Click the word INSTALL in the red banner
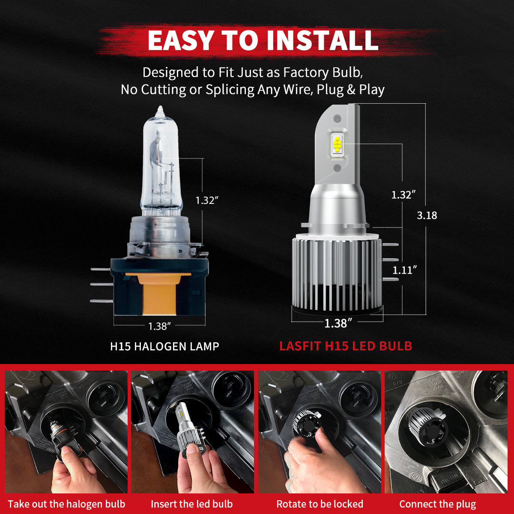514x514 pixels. (x=322, y=40)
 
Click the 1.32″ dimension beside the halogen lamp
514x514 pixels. (x=207, y=200)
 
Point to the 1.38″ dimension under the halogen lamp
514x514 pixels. (x=159, y=326)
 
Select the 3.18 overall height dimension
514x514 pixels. (x=427, y=215)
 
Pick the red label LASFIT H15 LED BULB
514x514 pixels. (x=345, y=346)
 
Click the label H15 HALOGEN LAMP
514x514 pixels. (x=164, y=346)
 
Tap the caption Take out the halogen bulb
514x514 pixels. (x=66, y=504)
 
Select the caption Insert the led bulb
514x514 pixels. (x=191, y=504)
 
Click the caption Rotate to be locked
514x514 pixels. (x=320, y=504)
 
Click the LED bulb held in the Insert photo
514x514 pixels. (x=188, y=428)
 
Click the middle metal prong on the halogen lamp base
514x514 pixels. (x=100, y=284)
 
